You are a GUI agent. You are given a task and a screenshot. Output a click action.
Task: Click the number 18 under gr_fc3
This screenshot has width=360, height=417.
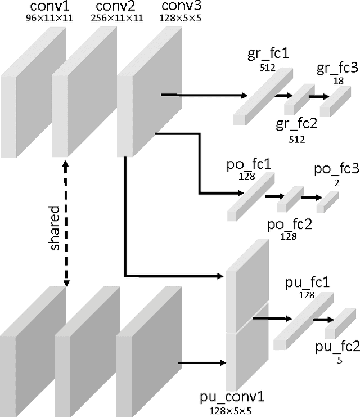(x=338, y=80)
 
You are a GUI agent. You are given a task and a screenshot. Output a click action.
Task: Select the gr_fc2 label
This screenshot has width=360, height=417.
(x=296, y=123)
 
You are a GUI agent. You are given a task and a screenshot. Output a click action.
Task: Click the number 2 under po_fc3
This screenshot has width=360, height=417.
(x=336, y=183)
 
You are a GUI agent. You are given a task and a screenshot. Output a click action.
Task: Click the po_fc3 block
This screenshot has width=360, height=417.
(x=328, y=202)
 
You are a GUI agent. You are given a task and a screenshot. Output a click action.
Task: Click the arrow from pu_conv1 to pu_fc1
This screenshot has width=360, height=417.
(x=267, y=319)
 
